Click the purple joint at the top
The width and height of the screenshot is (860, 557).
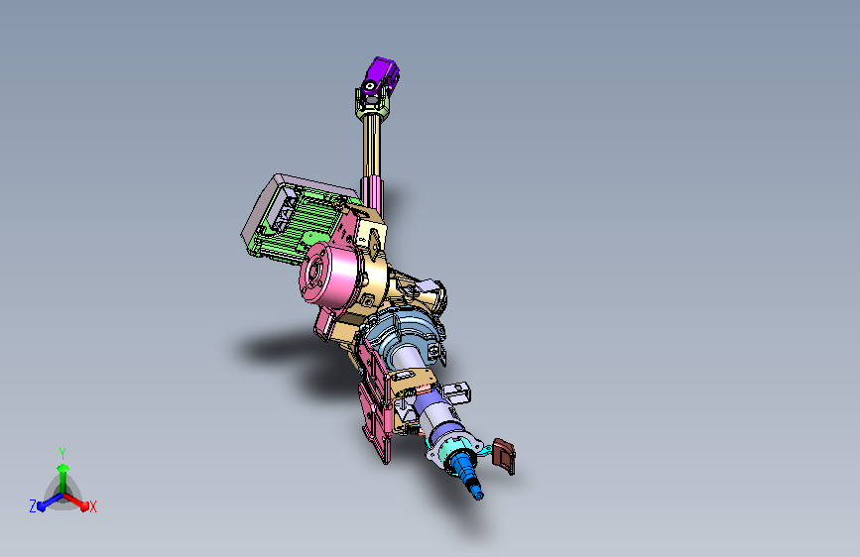tap(380, 75)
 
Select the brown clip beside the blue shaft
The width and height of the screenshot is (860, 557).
tap(504, 456)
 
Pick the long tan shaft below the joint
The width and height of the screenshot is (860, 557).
tap(371, 147)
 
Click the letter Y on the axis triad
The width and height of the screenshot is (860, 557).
tap(62, 453)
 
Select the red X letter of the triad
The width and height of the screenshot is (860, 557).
tap(92, 507)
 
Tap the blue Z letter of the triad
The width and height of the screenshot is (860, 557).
tap(33, 506)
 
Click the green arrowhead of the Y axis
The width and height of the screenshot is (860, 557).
tap(63, 468)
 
